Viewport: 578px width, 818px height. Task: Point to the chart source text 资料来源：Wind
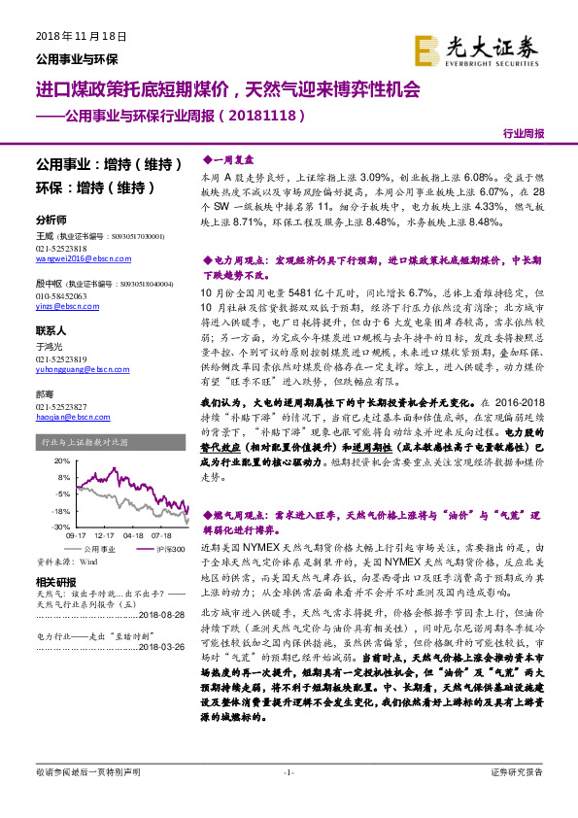67,562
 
